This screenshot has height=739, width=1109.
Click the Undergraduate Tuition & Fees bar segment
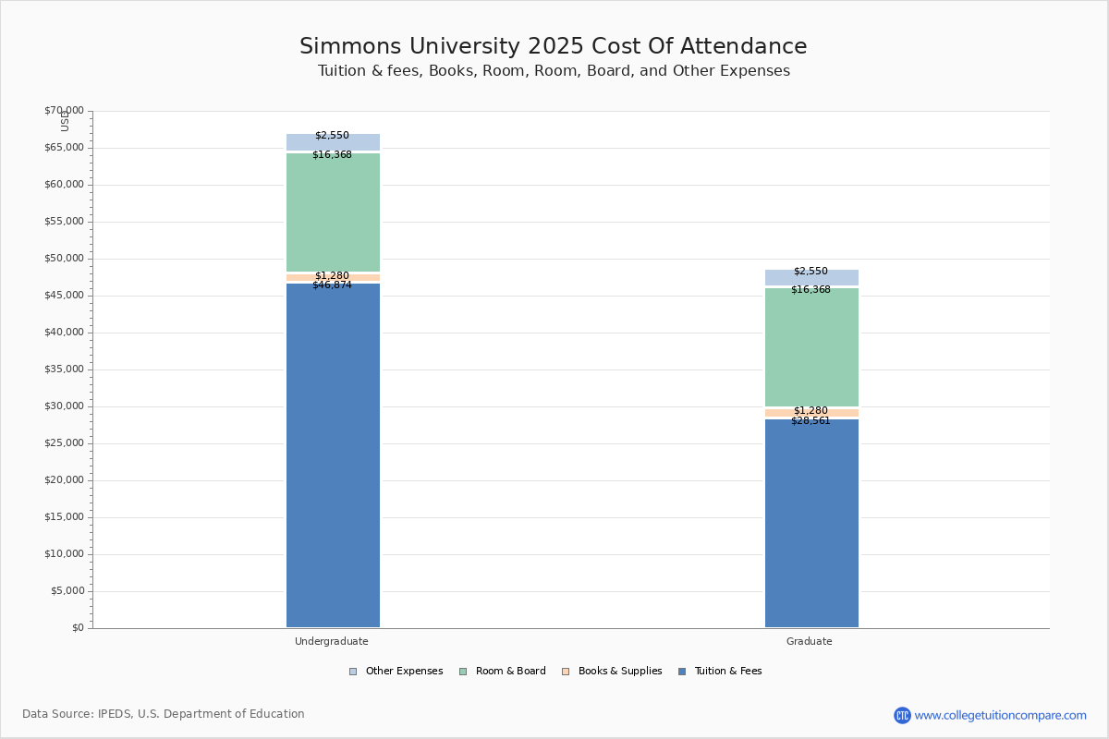(x=334, y=454)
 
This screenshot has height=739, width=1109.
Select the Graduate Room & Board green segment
(x=812, y=347)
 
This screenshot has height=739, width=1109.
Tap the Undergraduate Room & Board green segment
(x=334, y=212)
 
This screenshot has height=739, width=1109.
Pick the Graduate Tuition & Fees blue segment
(x=812, y=523)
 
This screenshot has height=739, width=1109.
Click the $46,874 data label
(x=332, y=285)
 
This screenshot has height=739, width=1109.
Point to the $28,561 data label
(x=810, y=420)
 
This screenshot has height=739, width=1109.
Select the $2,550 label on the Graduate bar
(x=810, y=272)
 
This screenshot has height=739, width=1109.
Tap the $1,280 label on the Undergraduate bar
(x=332, y=275)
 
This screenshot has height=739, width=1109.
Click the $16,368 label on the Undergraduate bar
(x=332, y=155)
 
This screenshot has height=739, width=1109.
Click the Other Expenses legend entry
(x=396, y=672)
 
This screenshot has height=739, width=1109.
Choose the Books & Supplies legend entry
(x=612, y=672)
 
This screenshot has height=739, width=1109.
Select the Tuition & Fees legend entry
(x=720, y=672)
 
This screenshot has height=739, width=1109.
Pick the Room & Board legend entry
(x=503, y=672)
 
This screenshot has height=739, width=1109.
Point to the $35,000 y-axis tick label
(x=65, y=369)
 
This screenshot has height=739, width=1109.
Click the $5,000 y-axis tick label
(x=67, y=591)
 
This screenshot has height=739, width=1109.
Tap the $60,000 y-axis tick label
(x=65, y=185)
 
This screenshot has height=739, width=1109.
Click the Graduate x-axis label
(x=809, y=641)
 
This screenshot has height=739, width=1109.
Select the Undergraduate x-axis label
(x=331, y=641)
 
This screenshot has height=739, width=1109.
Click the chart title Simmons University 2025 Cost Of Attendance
(x=553, y=46)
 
